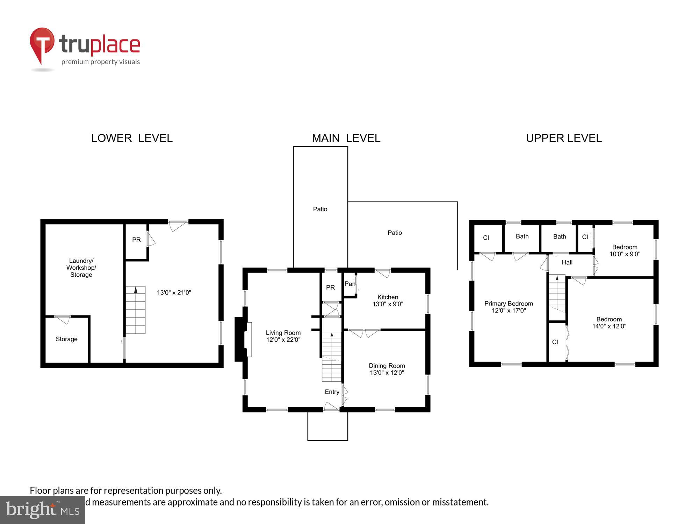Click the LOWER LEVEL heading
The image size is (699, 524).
pos(132,138)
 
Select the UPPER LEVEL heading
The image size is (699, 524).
pos(563,138)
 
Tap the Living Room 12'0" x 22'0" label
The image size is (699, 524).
pos(283,336)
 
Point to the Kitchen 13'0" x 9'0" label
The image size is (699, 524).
pos(388,300)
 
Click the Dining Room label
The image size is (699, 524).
pos(387,366)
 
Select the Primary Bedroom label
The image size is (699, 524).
pos(509,304)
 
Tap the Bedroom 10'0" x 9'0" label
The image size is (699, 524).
pos(625,250)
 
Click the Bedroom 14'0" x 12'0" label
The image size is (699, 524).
pos(609,323)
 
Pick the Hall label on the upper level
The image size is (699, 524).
pos(567,262)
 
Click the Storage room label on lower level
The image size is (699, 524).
pos(66,339)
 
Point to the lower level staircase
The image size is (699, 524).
pos(135,310)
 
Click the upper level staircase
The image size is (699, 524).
pos(557,293)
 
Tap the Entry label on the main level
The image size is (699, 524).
pos(332,392)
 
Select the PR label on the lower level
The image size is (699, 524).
pos(136,240)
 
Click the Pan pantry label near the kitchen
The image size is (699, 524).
pos(349,284)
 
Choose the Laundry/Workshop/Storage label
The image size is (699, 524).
pos(81,268)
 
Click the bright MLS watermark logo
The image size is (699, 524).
pos(43,510)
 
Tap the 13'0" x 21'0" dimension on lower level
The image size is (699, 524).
pos(174,293)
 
